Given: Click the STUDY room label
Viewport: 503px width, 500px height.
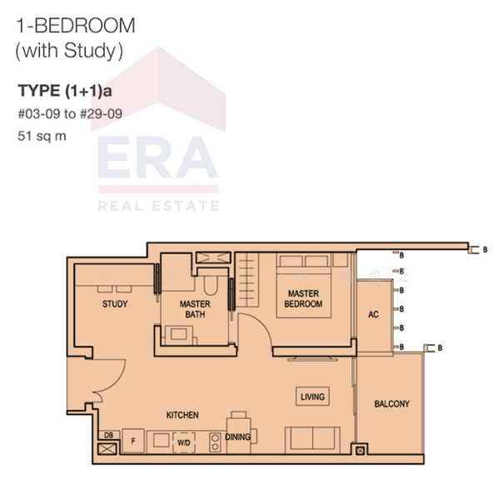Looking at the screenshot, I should pos(115,304).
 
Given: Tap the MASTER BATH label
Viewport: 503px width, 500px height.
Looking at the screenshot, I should pos(195,309).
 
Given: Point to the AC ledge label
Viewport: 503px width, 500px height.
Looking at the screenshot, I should pos(373,314).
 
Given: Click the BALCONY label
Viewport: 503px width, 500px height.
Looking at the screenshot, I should pos(391,403).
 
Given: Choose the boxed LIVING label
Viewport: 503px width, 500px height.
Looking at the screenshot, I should pos(312,397).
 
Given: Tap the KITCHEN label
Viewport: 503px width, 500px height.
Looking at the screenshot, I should pos(182,414).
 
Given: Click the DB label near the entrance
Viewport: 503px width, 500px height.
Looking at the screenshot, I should pos(108,435).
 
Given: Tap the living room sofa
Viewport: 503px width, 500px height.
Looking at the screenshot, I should pos(312,438).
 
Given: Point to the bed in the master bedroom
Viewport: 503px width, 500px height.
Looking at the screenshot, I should pos(304,287).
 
